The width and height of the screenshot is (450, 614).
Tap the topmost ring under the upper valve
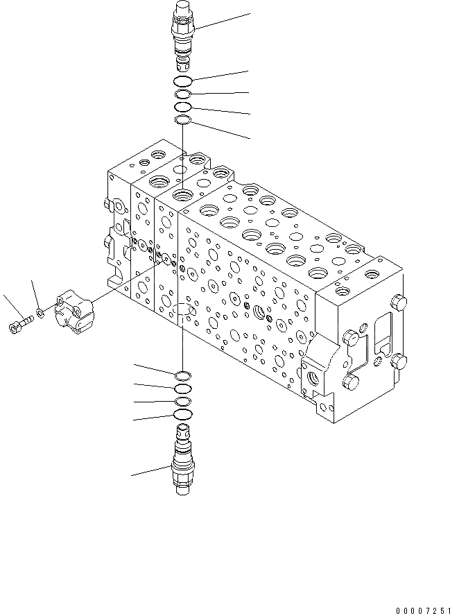tap(182, 82)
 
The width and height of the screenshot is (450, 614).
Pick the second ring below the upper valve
tap(182, 94)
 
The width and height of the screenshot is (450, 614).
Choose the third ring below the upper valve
tap(182, 108)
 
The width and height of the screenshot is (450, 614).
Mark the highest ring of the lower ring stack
tap(183, 376)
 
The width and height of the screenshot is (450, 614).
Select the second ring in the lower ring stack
tap(183, 389)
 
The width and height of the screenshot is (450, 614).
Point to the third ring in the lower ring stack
tap(183, 402)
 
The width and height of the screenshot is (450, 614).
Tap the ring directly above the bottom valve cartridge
tap(183, 415)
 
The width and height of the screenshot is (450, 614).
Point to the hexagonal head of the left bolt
tap(15, 325)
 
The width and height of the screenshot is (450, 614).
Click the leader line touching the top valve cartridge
tap(222, 21)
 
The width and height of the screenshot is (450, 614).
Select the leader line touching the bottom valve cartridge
tap(153, 471)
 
